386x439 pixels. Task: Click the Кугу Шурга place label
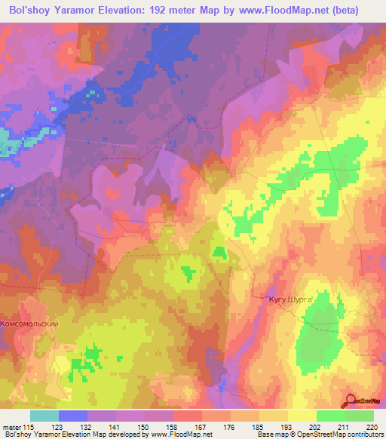(x=290, y=299)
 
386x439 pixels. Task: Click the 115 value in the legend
(x=29, y=426)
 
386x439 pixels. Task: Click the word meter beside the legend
(x=11, y=426)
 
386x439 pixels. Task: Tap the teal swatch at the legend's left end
(x=44, y=416)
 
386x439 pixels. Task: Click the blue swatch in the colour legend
(x=72, y=416)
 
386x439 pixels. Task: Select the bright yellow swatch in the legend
(x=302, y=416)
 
